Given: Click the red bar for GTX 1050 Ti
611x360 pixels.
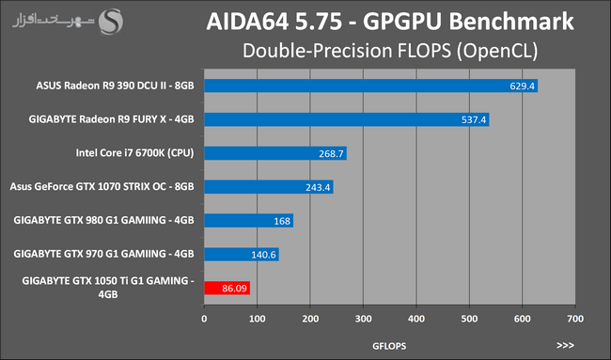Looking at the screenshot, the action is pyautogui.click(x=227, y=288).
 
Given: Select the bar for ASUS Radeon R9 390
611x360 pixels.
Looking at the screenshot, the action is pyautogui.click(x=371, y=86).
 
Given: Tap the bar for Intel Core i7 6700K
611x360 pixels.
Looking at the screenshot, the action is pyautogui.click(x=275, y=153).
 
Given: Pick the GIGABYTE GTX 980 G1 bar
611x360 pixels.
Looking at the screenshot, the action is pyautogui.click(x=248, y=221).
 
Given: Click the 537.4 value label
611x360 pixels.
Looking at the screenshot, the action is pyautogui.click(x=474, y=119).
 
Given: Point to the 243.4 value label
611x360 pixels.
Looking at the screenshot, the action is pyautogui.click(x=318, y=187).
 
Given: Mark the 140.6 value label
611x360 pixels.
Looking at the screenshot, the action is pyautogui.click(x=263, y=255).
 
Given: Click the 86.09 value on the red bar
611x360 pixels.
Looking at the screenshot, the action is pyautogui.click(x=234, y=289).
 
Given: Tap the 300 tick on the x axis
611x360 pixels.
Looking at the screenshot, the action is pyautogui.click(x=363, y=319).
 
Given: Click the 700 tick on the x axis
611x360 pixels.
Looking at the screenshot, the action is pyautogui.click(x=575, y=319).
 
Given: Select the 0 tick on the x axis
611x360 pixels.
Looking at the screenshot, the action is pyautogui.click(x=204, y=319).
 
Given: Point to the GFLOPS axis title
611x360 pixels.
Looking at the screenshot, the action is pyautogui.click(x=389, y=346).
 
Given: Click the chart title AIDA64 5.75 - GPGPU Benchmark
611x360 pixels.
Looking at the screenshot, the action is pyautogui.click(x=390, y=22).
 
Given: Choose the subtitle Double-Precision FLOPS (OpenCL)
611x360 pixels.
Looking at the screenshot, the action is pyautogui.click(x=390, y=51).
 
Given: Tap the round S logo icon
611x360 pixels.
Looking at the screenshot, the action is pyautogui.click(x=111, y=22).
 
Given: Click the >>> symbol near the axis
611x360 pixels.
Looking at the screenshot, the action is pyautogui.click(x=565, y=346).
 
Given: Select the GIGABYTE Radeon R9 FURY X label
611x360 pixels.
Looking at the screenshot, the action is pyautogui.click(x=111, y=119).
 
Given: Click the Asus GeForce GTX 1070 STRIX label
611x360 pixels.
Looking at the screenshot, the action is pyautogui.click(x=102, y=187).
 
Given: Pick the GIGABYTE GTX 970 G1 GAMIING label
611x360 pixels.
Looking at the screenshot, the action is pyautogui.click(x=103, y=254).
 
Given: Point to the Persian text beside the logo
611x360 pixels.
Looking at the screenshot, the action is pyautogui.click(x=54, y=21).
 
